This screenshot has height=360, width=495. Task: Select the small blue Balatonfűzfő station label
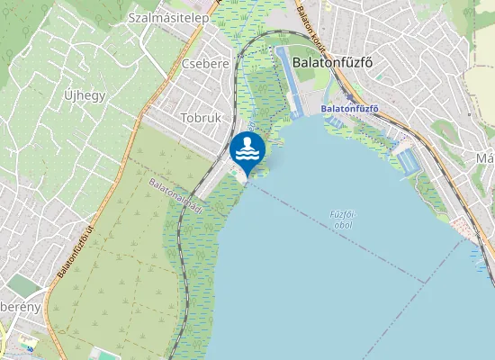pyautogui.click(x=349, y=109)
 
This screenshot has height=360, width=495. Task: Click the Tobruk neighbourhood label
pyautogui.click(x=201, y=118)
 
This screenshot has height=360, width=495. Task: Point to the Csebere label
pyautogui.click(x=205, y=64)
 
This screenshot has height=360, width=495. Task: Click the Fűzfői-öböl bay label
pyautogui.click(x=339, y=219)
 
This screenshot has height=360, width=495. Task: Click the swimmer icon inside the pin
pyautogui.click(x=246, y=145)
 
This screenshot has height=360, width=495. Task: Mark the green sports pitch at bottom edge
pyautogui.click(x=107, y=356)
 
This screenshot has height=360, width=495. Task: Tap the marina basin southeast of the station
pyautogui.click(x=408, y=160)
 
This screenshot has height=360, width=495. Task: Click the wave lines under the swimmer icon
pyautogui.click(x=246, y=155)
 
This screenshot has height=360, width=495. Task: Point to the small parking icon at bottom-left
pyautogui.click(x=30, y=347)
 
